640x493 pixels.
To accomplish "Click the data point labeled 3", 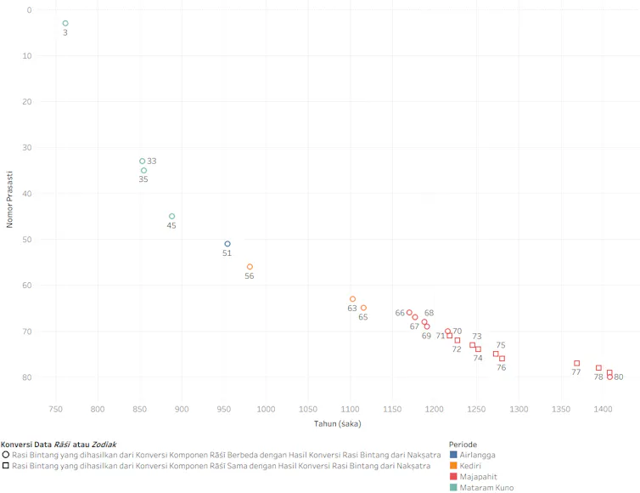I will pyautogui.click(x=65, y=23).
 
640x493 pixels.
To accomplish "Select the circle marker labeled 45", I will pyautogui.click(x=171, y=216).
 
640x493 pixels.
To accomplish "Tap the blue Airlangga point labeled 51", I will pyautogui.click(x=227, y=244).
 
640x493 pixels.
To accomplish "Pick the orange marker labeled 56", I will pyautogui.click(x=250, y=267).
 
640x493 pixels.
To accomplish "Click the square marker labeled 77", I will pyautogui.click(x=576, y=363).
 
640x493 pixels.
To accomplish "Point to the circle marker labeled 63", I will pyautogui.click(x=352, y=299).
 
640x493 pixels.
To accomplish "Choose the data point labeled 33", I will pyautogui.click(x=143, y=161).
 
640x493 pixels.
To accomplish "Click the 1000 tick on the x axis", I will pyautogui.click(x=266, y=410).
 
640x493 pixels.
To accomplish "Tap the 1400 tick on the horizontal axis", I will pyautogui.click(x=603, y=410).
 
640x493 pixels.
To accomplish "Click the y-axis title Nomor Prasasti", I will pyautogui.click(x=10, y=203).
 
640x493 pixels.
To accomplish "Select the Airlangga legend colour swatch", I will pyautogui.click(x=454, y=455).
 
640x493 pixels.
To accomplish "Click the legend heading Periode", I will pyautogui.click(x=463, y=444).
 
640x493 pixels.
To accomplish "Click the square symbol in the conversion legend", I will pyautogui.click(x=6, y=466).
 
